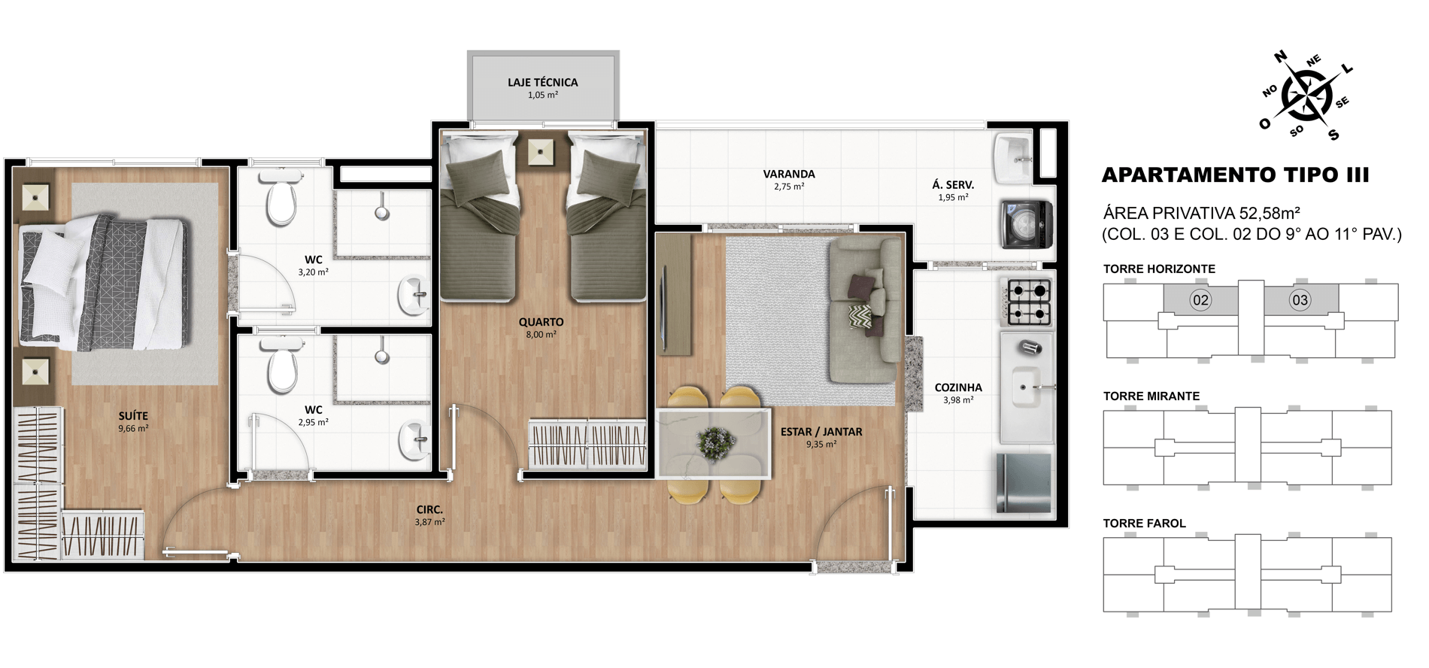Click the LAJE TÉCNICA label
[542, 82]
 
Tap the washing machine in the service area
[1026, 224]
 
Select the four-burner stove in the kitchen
[1028, 302]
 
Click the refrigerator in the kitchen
[1024, 483]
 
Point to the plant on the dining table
[715, 441]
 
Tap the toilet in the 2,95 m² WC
[282, 365]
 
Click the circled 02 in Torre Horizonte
[1200, 300]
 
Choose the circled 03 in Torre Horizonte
[1300, 300]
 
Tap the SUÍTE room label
[133, 416]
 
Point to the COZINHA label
[958, 387]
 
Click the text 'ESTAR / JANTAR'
[821, 432]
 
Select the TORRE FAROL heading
[1144, 523]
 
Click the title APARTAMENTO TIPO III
[1235, 175]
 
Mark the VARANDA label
[789, 174]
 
